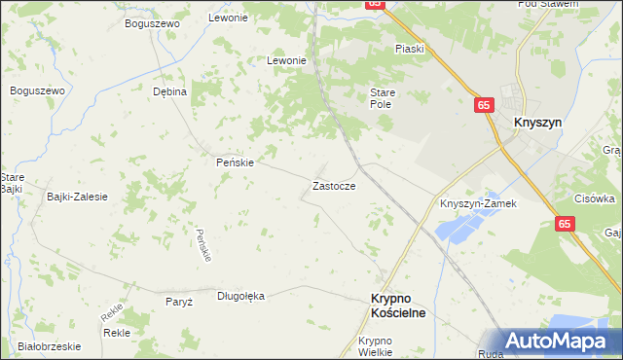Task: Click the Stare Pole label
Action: point(381,97)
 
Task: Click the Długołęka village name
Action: point(240,296)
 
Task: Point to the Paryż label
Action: point(179,302)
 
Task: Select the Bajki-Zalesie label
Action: point(77,197)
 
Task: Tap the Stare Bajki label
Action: point(12,183)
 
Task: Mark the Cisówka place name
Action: point(594,198)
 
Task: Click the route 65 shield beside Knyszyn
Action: point(485,103)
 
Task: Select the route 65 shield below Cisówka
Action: point(566,224)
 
